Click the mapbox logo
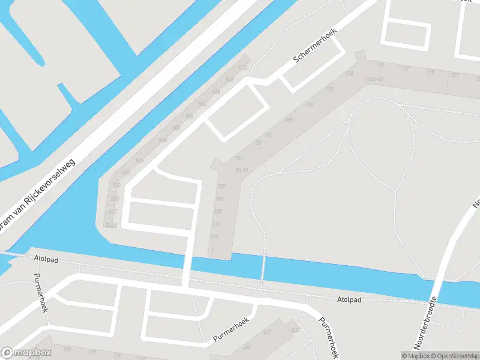pyautogui.click(x=26, y=353)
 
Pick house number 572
pyautogui.click(x=242, y=68)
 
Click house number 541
pyautogui.click(x=140, y=161)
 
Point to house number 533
pyautogui.click(x=116, y=185)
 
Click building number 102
pyautogui.click(x=220, y=187)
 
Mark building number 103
pyautogui.click(x=239, y=158)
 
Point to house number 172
pyautogui.click(x=329, y=89)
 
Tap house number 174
pyautogui.click(x=349, y=73)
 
